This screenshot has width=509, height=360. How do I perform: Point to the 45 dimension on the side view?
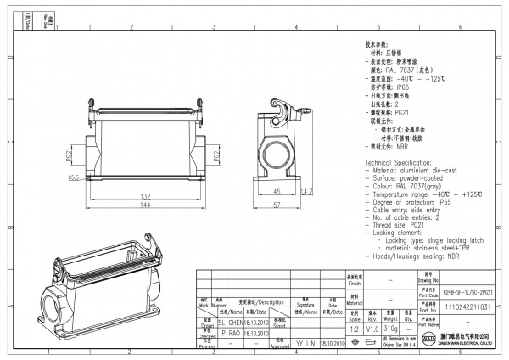tap(277, 192)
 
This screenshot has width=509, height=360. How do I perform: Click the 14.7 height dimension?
tap(307, 192)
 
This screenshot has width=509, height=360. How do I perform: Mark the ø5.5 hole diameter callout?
tap(74, 177)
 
